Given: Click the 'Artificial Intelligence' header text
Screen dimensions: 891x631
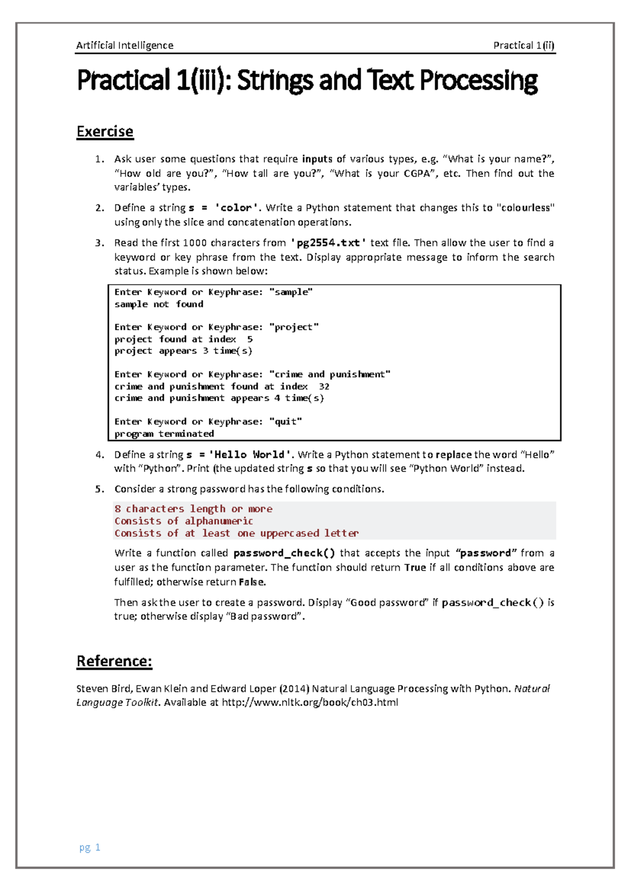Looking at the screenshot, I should click(125, 46).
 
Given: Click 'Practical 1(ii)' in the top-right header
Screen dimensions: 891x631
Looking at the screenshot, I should click(524, 46).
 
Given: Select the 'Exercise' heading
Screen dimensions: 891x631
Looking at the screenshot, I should click(105, 131).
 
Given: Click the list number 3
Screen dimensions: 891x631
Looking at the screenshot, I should click(99, 243).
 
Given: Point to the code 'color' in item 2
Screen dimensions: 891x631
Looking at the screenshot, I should click(237, 208).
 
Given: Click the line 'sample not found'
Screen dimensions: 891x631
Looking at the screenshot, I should click(159, 304).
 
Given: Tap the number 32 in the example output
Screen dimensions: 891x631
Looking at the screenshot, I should click(324, 387).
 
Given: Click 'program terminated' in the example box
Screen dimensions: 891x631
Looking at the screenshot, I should click(164, 434).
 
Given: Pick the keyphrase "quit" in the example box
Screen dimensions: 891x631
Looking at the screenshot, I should click(286, 422).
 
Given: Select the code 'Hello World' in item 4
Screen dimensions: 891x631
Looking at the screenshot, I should click(249, 455).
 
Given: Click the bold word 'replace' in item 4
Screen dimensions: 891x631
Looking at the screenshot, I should click(453, 455).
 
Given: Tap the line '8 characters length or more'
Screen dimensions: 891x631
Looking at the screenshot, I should click(194, 509).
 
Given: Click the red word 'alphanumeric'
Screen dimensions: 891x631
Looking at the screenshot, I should click(219, 521).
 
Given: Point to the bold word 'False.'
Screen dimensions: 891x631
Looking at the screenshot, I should click(252, 582).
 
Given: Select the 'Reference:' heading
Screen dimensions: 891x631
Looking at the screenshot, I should click(115, 661).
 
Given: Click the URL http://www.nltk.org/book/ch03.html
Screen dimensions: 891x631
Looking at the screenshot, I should click(310, 702).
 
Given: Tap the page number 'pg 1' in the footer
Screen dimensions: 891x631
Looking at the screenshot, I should click(90, 847).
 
